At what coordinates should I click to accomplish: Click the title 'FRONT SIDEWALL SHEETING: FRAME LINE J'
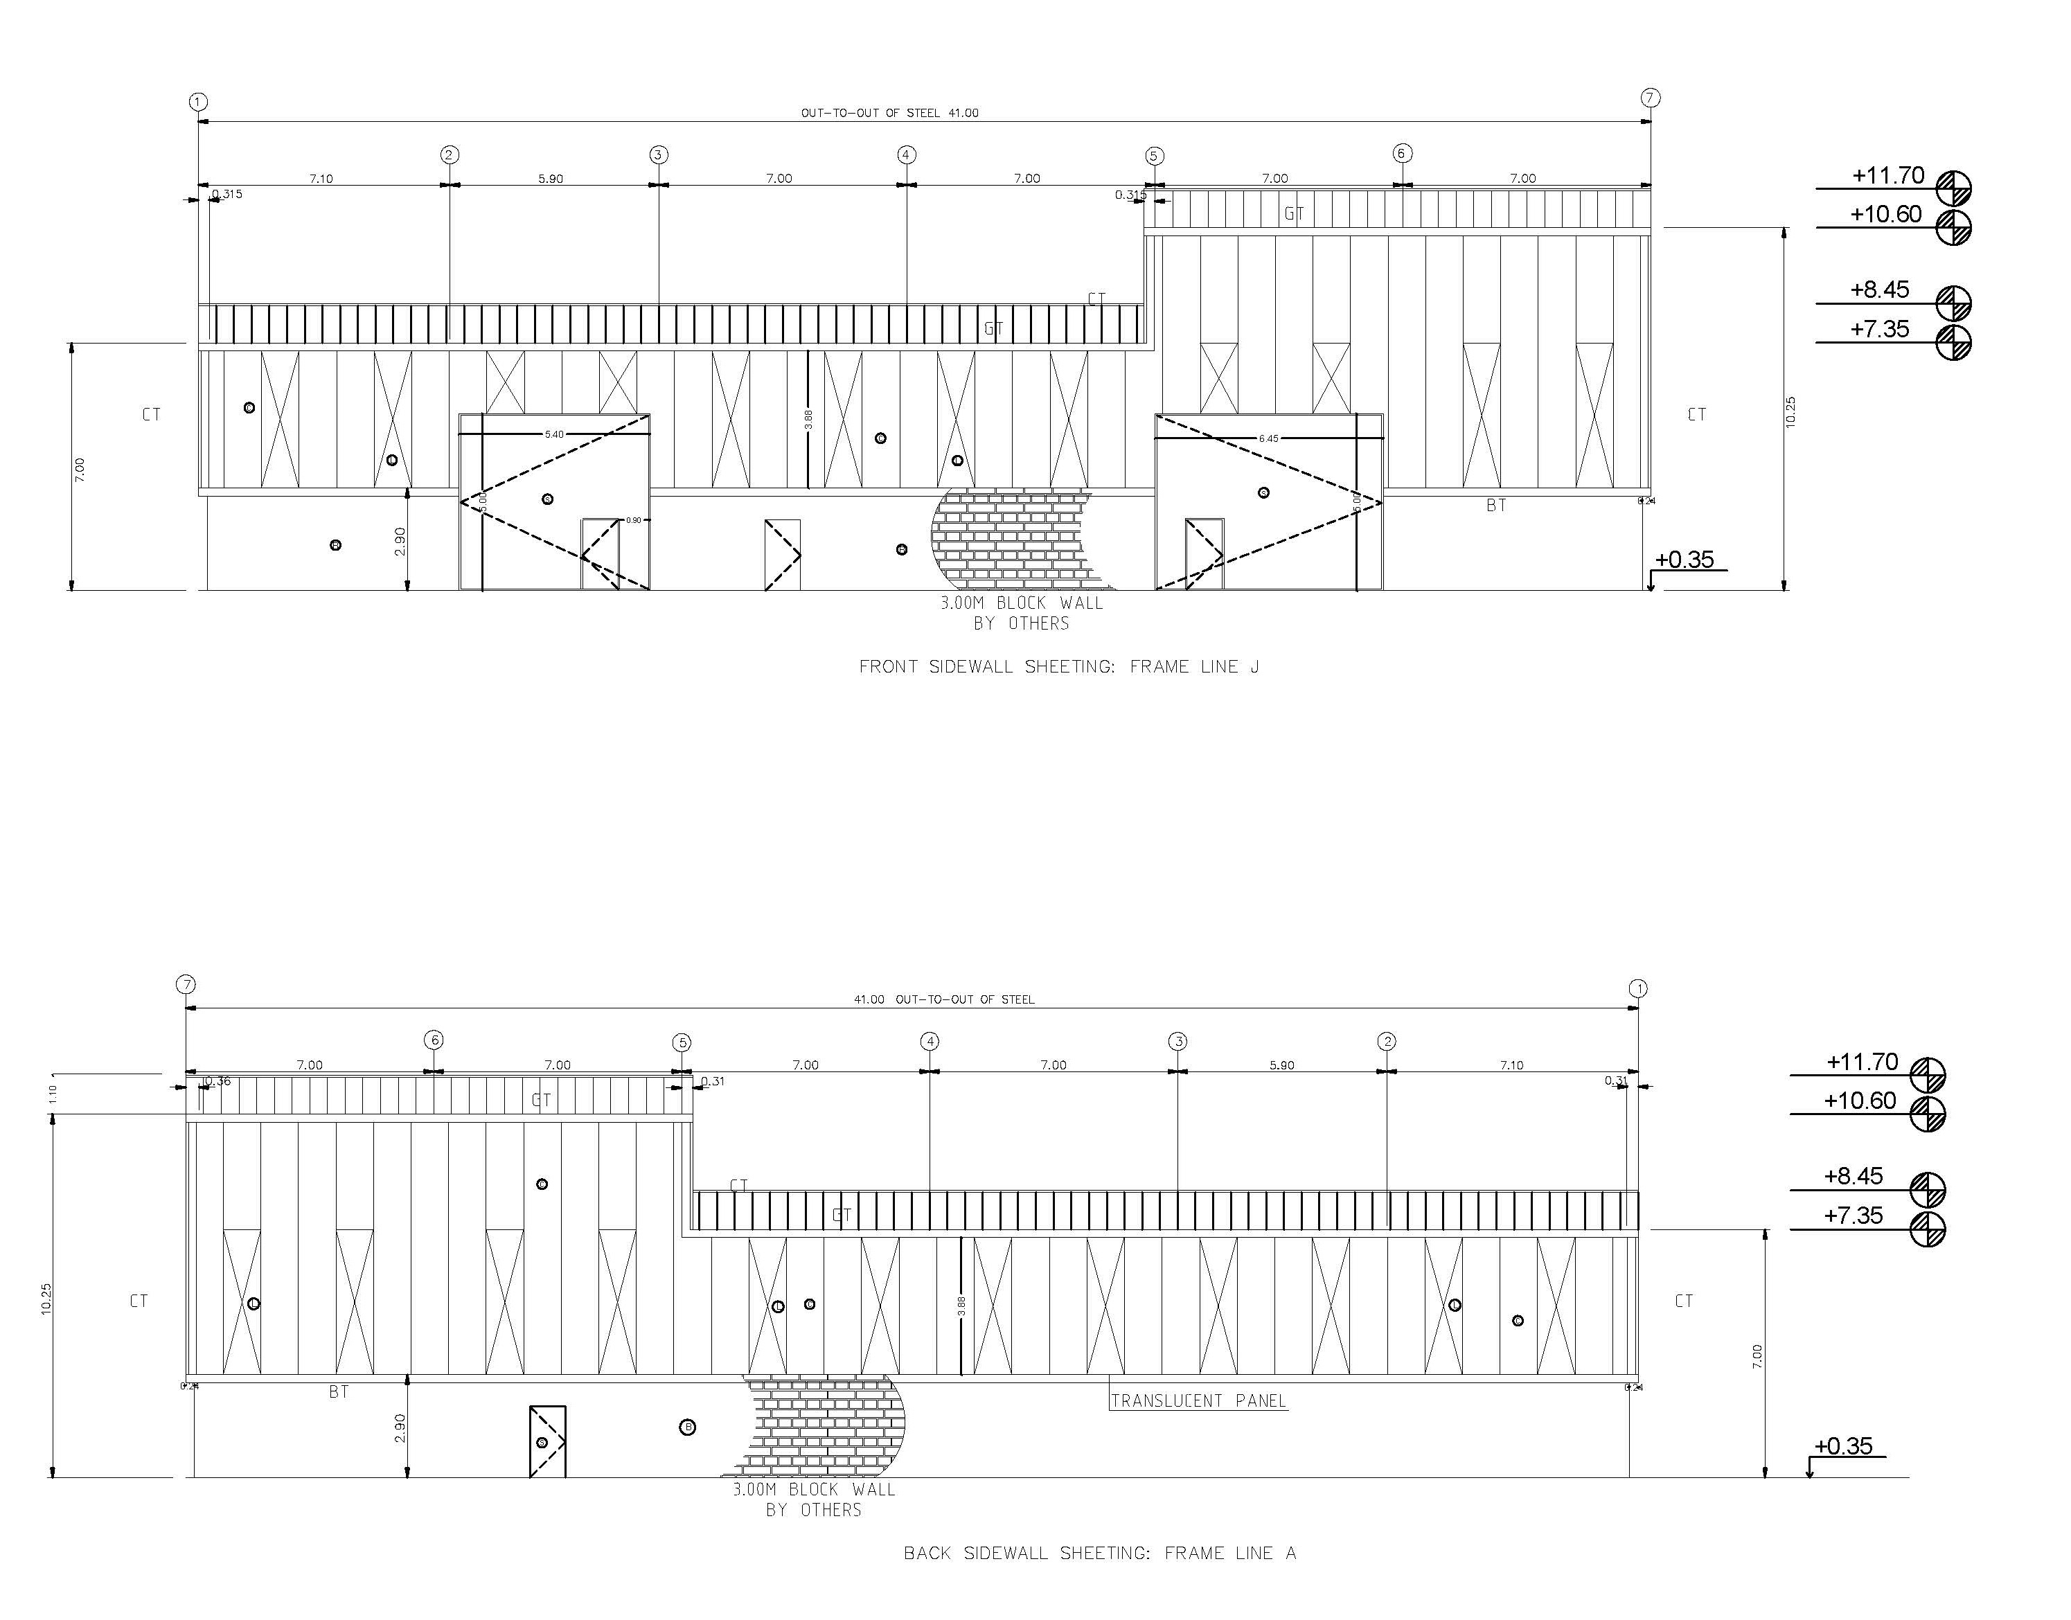pos(1058,667)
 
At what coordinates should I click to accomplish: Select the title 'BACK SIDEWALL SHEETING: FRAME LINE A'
pos(1099,1553)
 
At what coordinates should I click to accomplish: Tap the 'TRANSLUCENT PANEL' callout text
pos(1198,1400)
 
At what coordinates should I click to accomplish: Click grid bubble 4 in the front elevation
pos(907,154)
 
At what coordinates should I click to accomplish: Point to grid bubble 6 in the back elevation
pos(434,1040)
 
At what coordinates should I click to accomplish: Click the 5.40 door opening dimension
pos(554,434)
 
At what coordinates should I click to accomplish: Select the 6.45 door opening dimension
pos(1268,438)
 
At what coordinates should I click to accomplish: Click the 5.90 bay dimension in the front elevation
pos(550,178)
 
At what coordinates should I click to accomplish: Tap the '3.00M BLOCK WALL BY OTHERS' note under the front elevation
pos(1021,613)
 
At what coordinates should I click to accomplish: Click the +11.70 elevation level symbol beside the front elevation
pos(1953,187)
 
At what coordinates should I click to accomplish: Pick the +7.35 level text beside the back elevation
pos(1853,1215)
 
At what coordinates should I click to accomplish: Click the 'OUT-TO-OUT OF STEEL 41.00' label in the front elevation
pos(889,113)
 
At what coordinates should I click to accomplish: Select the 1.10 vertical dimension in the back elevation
pos(53,1094)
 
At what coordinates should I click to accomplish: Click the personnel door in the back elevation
pos(547,1441)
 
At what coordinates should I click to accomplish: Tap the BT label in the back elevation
pos(339,1391)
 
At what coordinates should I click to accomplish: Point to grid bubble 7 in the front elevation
pos(1651,98)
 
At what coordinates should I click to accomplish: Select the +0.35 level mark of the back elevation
pos(1842,1445)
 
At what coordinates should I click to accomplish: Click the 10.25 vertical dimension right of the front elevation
pos(1790,411)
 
